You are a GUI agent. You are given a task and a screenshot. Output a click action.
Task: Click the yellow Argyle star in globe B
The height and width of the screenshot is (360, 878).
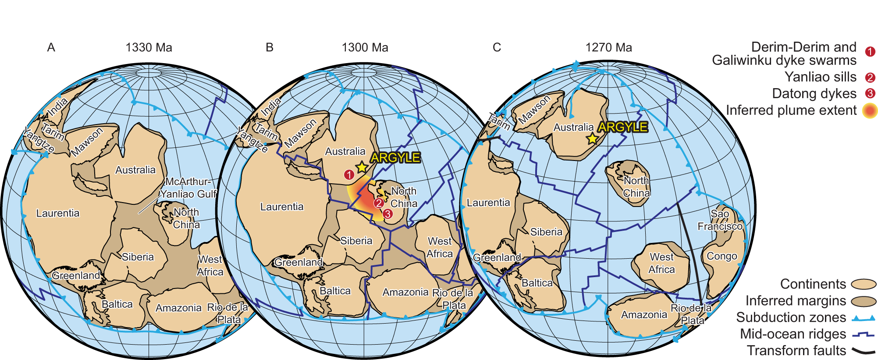point(362,167)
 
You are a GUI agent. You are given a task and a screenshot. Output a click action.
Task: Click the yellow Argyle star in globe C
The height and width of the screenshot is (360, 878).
point(592,139)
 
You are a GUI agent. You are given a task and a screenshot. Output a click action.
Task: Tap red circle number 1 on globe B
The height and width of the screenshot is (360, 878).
point(349,175)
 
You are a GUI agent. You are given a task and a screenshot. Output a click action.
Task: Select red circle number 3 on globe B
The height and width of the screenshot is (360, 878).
point(387,214)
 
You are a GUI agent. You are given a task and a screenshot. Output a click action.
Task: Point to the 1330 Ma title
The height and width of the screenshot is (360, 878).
point(149,47)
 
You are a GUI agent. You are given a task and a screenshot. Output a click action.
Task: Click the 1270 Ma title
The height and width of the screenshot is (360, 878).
point(608,47)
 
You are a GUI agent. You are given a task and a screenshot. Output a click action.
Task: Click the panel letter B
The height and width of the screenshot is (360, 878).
point(270,47)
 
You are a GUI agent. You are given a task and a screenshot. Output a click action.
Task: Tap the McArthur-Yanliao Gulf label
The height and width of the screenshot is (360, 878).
point(188,188)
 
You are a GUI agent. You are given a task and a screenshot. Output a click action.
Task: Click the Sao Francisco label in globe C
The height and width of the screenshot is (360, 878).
point(720,220)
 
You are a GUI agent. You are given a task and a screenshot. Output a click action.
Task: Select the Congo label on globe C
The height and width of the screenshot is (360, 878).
point(722,256)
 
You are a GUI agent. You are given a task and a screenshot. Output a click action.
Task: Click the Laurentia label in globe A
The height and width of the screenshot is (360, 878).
point(58,213)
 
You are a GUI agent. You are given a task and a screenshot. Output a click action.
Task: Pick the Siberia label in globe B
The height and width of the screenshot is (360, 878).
point(356,241)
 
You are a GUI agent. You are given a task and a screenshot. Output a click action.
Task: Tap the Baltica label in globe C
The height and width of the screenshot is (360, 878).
point(537,283)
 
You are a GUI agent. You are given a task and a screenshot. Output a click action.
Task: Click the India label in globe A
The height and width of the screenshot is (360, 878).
point(57,107)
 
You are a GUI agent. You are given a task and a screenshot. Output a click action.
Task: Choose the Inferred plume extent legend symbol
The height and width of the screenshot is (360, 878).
point(870,110)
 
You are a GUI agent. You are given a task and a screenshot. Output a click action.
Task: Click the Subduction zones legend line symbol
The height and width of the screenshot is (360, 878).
point(863,318)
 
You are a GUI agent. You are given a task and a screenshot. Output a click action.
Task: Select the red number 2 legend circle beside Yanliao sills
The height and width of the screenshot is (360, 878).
point(870,78)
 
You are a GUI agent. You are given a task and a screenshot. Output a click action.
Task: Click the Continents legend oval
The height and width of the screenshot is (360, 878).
point(863,285)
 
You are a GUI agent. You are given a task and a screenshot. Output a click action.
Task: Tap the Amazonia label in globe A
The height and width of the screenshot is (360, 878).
point(178,308)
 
